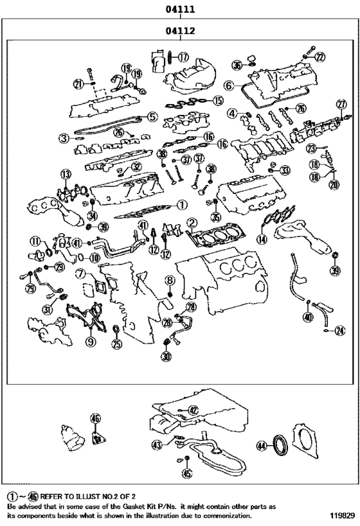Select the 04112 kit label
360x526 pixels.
(180, 30)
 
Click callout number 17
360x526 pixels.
(183, 57)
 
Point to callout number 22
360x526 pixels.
(320, 57)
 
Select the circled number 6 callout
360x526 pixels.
(228, 85)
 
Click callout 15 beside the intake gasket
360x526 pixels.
(219, 100)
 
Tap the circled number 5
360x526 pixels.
(152, 117)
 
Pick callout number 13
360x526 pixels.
(65, 174)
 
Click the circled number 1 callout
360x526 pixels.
(181, 205)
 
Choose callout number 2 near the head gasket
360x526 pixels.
(191, 223)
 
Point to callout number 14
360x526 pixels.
(262, 239)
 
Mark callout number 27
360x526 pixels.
(342, 104)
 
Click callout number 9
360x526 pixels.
(91, 342)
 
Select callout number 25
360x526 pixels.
(116, 345)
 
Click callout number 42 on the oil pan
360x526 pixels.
(192, 409)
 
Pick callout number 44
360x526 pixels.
(261, 444)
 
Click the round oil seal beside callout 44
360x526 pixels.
(280, 444)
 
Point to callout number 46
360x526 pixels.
(95, 419)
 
